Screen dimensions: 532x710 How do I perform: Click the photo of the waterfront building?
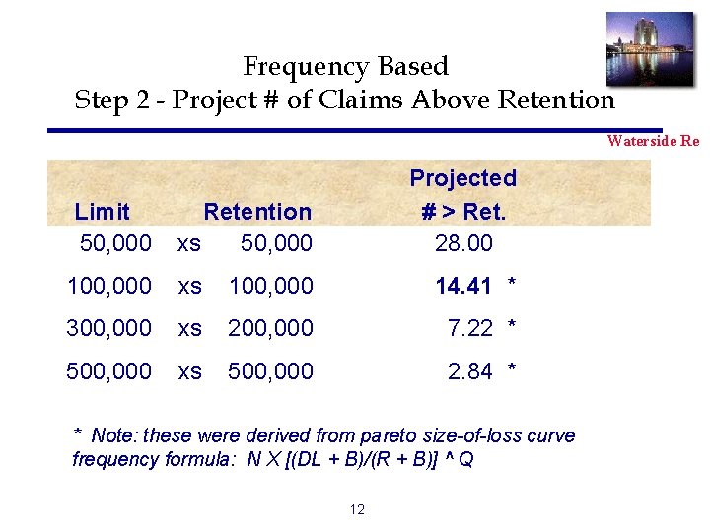tap(649, 48)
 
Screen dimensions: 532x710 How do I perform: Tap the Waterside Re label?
tap(653, 141)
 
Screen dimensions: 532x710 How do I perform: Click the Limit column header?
tap(103, 212)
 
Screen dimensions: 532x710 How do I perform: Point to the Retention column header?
tap(257, 212)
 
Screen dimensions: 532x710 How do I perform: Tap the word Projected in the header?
tap(462, 178)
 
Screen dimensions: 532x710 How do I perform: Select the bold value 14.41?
tap(463, 287)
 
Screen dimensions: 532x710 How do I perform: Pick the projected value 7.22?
tap(469, 328)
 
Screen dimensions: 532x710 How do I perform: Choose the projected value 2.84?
tap(469, 371)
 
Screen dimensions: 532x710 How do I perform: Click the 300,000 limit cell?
tap(108, 328)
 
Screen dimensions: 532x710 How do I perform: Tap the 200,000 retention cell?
tap(270, 328)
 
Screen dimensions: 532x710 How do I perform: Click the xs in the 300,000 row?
tap(189, 328)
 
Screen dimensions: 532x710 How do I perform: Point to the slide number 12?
tap(357, 509)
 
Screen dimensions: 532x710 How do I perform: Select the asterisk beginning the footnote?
tap(79, 434)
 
